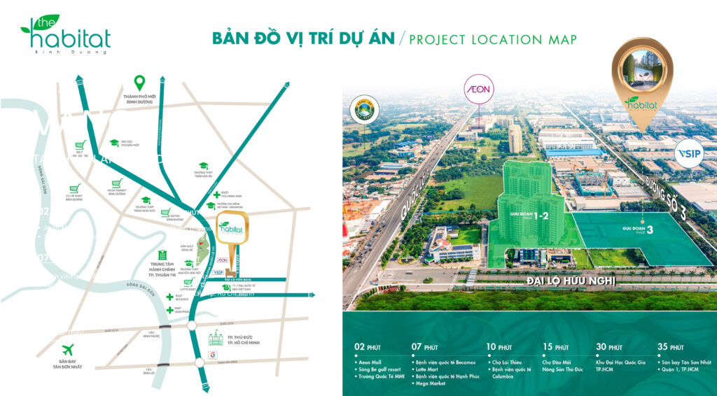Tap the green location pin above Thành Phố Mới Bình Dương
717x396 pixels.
coord(140,83)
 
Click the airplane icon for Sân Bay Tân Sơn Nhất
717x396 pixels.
coord(68,349)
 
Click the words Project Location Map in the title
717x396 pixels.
coord(493,39)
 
